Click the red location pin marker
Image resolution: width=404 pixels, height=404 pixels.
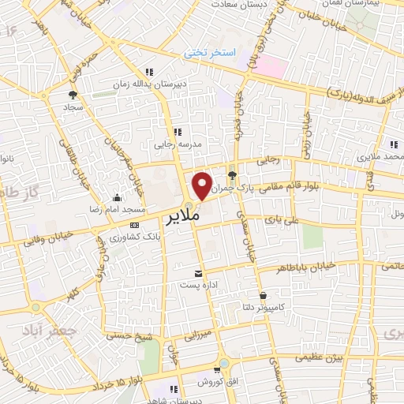point(203,185)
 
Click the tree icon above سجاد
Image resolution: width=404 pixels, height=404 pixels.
point(72,95)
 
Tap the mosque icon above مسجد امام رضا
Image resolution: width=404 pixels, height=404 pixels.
point(118,198)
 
